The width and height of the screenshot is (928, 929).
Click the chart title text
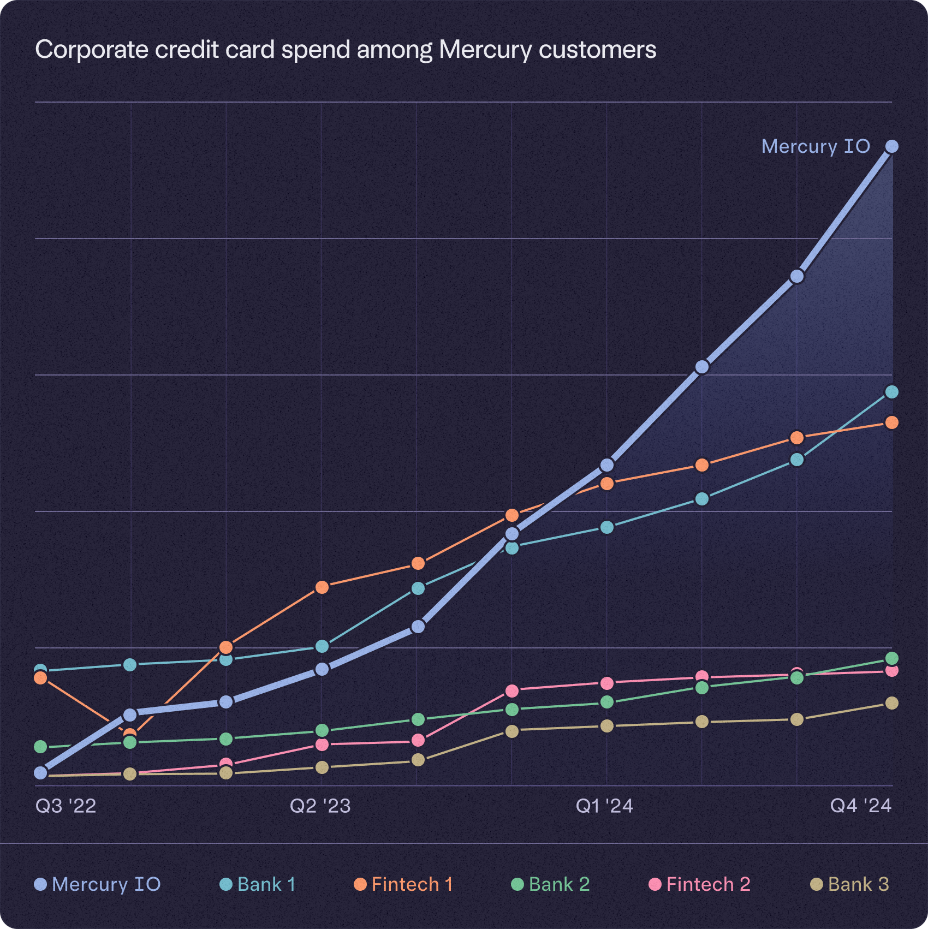(346, 50)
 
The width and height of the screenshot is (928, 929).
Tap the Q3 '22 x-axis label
(66, 806)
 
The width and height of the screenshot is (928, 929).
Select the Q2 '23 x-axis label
(320, 806)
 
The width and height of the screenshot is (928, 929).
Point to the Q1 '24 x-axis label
(604, 806)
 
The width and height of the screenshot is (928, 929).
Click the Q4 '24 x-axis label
(861, 806)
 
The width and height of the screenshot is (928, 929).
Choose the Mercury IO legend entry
(98, 884)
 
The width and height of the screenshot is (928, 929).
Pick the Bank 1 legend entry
(258, 884)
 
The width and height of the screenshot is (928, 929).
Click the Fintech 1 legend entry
(404, 884)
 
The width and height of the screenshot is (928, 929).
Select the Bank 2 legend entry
(551, 884)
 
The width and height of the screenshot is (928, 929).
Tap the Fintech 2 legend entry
(700, 884)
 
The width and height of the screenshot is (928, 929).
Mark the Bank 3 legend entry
(850, 884)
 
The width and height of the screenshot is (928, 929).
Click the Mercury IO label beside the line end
(816, 146)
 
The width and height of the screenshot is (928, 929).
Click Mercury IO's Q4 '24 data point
(892, 146)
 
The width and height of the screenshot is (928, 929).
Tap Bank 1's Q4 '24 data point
(892, 392)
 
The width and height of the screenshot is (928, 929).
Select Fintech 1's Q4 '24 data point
(892, 422)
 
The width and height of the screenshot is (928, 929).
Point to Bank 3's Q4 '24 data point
(892, 703)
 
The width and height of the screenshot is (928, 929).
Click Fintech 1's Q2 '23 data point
(322, 587)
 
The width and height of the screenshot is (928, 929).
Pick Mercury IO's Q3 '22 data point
(40, 773)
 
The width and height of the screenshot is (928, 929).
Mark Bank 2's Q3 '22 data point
(40, 747)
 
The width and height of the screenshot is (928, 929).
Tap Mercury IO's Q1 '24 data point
(607, 465)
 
